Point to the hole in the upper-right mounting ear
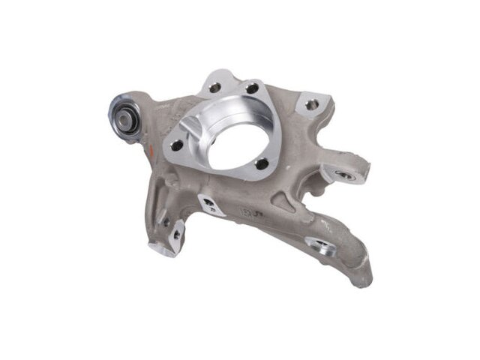(x=310, y=105)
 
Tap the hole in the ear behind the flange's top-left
(x=215, y=87)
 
